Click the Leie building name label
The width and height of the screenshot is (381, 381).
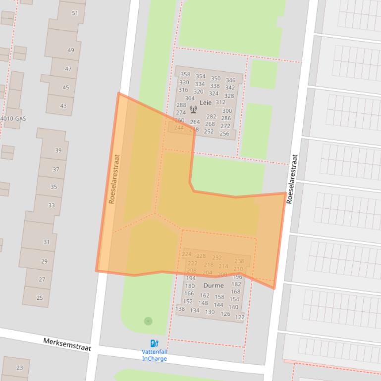205,102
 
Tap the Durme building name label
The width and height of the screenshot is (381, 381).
213,286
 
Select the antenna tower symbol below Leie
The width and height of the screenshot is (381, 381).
193,109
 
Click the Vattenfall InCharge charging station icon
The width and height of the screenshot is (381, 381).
154,343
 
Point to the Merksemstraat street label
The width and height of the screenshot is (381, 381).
67,344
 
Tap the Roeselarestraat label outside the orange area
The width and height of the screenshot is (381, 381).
292,179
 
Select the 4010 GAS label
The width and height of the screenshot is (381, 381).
13,119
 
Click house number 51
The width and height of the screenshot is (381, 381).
75,13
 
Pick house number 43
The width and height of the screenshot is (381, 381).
63,106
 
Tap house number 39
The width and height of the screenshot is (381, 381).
58,150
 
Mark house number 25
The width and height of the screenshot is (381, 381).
40,298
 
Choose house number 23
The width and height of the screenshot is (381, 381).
20,368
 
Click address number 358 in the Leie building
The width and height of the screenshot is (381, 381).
185,75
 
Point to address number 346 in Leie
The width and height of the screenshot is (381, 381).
230,80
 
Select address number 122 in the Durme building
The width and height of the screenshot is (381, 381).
240,317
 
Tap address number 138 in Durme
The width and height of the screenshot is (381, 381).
180,309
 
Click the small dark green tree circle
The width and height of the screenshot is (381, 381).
148,321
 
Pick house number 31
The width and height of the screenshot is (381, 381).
47,242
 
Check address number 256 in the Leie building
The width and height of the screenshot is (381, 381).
224,134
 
